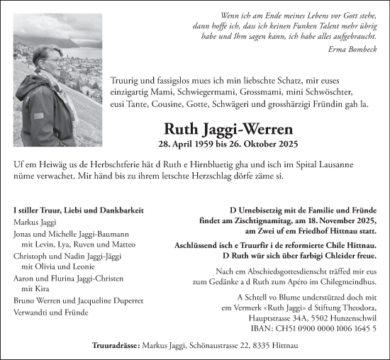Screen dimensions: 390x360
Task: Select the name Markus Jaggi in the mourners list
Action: pos(35,223)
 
